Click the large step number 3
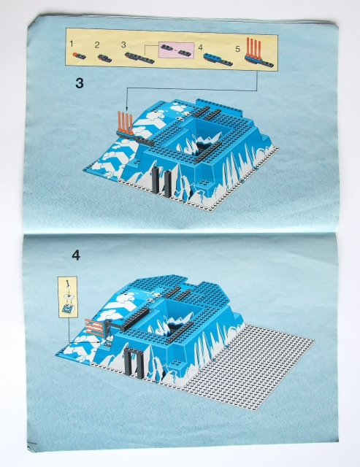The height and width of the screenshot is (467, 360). point(79,82)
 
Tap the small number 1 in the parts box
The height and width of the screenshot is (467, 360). point(72,45)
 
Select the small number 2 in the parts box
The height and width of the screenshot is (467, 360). point(97,45)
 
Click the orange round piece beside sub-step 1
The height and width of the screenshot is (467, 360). point(76,55)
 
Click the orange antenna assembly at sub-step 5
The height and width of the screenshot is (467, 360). point(255,50)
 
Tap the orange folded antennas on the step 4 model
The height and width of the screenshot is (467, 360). point(93,326)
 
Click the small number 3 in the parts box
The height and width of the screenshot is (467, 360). point(123,45)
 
